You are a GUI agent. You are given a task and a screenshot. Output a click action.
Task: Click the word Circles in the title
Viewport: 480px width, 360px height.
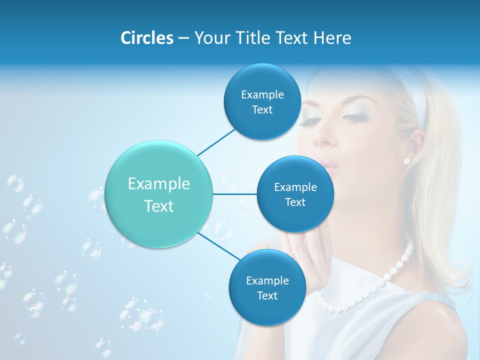tap(146, 37)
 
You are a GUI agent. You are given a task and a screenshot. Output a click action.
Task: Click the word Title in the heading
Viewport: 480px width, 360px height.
tap(254, 37)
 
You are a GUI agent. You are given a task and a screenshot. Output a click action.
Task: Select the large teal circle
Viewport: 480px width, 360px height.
tap(159, 194)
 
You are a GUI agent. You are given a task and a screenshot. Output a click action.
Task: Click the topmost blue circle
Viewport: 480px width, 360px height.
tap(262, 101)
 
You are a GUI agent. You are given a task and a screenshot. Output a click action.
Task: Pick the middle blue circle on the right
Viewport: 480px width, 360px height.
tap(295, 194)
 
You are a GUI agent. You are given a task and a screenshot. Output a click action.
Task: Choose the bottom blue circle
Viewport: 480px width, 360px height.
tap(267, 287)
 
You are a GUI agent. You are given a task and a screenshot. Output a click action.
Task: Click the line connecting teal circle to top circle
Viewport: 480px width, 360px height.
tap(216, 142)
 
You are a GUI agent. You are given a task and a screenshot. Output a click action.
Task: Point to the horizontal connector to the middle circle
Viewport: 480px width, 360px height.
tap(235, 194)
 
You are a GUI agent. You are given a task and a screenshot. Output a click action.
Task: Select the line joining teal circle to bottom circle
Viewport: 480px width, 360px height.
tap(218, 246)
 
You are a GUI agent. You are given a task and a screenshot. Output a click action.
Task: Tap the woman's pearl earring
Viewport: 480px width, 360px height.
tap(406, 160)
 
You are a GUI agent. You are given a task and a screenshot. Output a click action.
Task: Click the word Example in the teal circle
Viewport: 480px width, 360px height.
tap(159, 184)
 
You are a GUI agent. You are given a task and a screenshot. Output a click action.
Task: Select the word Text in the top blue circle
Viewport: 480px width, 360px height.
tap(262, 110)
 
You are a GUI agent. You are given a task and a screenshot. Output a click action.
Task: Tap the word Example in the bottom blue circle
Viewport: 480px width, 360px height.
tap(267, 280)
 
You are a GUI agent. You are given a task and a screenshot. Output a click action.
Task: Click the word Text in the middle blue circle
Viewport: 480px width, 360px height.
tap(295, 202)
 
